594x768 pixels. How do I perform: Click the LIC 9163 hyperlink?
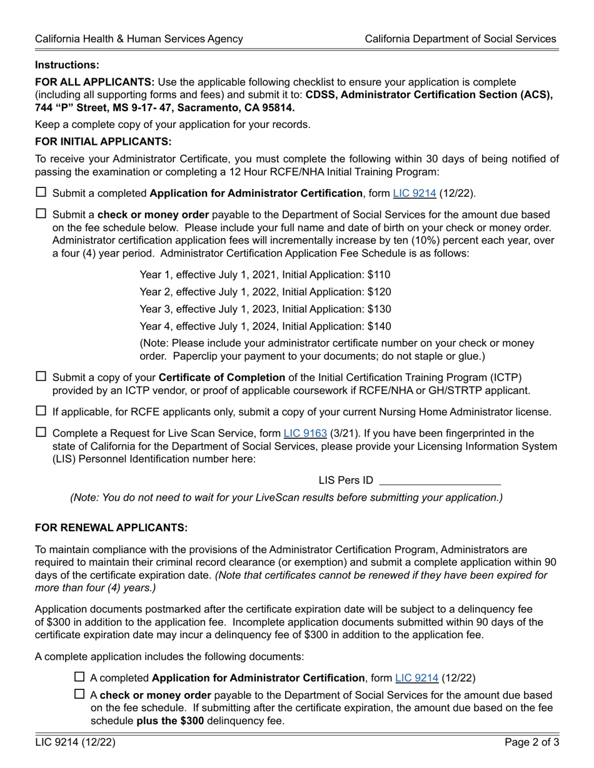(305, 433)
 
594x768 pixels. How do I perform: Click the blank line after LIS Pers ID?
(440, 480)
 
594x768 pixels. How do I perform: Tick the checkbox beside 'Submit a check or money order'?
(41, 214)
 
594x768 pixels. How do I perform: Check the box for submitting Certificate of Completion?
(41, 377)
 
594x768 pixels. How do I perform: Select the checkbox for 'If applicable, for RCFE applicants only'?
(41, 411)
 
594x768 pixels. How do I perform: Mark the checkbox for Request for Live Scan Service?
(41, 432)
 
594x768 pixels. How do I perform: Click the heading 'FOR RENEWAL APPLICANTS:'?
(111, 528)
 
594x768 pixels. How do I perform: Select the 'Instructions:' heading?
(67, 65)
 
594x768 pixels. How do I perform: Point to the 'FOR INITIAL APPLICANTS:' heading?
(103, 142)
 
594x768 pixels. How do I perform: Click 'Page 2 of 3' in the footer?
(532, 742)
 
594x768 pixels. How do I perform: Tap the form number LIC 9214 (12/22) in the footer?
(75, 742)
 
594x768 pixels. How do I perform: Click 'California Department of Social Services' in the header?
(460, 39)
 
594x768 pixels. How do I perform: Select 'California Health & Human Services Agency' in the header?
(139, 39)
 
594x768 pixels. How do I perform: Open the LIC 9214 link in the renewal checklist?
(417, 677)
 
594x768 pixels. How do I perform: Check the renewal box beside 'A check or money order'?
(79, 694)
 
